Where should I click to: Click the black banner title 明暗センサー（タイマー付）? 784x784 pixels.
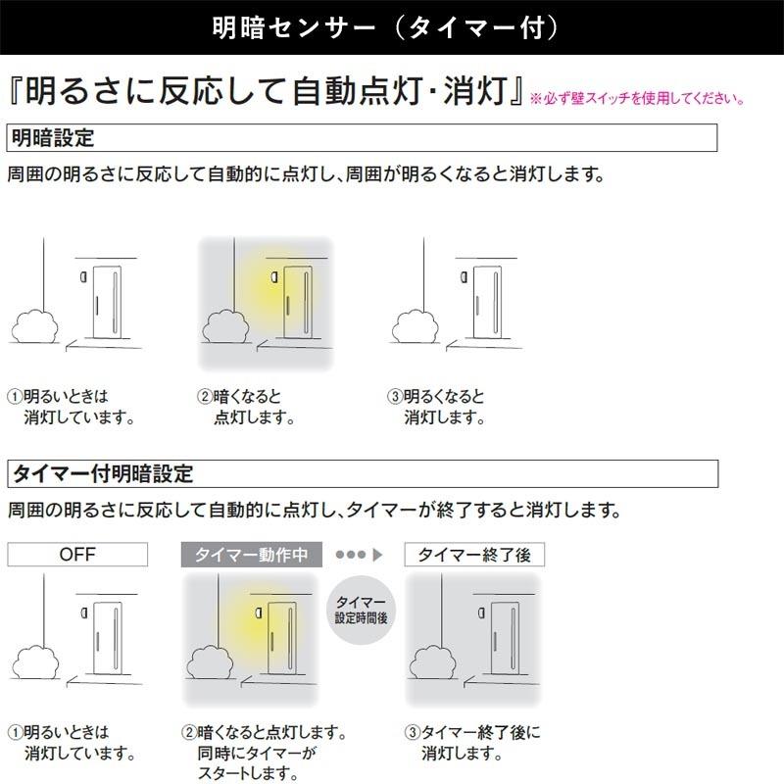tap(391, 26)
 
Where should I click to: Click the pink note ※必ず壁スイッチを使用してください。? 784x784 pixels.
tap(638, 99)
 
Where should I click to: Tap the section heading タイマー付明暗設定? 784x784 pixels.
tap(102, 474)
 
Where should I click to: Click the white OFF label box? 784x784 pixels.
tap(77, 555)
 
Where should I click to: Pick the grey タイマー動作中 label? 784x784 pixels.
tap(252, 555)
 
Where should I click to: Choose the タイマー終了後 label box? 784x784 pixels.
tap(474, 555)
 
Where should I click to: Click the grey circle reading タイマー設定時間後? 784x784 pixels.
tap(360, 611)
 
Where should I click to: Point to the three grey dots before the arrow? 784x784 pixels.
tap(350, 555)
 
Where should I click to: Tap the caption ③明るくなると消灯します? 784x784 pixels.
tap(437, 407)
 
